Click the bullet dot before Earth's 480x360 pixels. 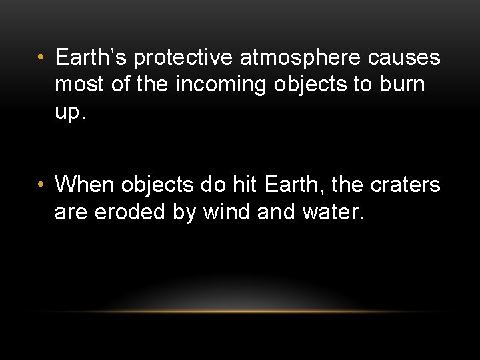tap(41, 59)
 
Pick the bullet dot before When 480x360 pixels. tap(41, 185)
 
